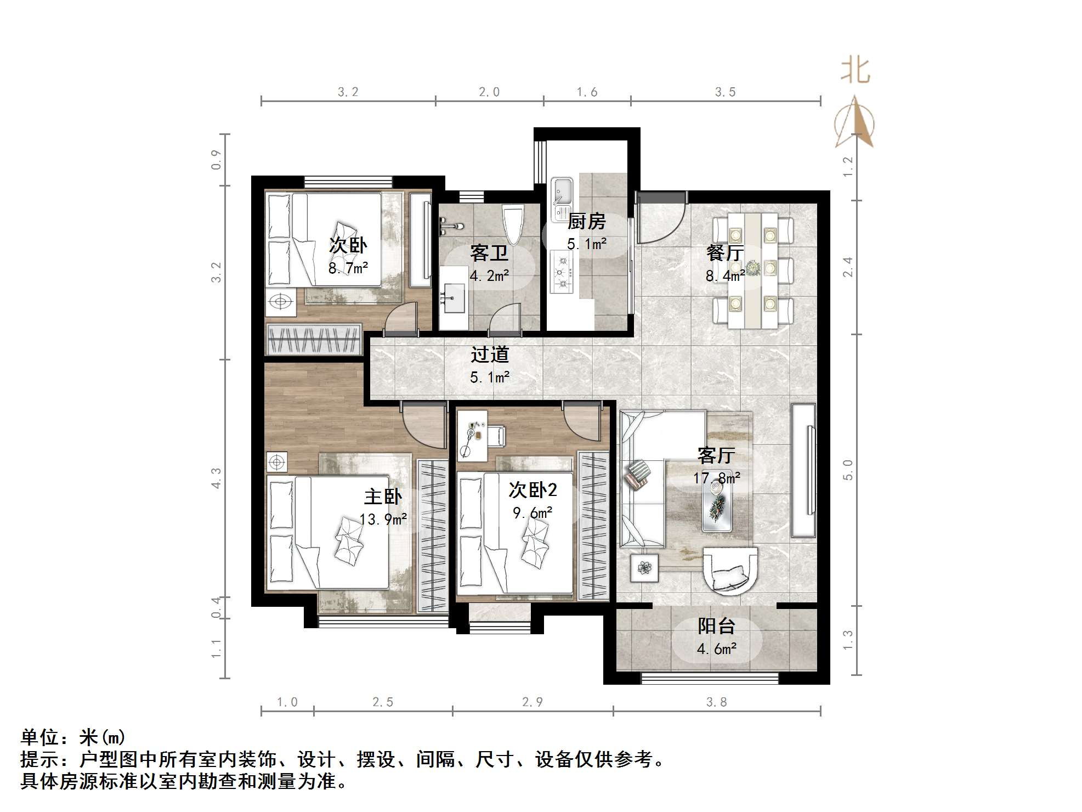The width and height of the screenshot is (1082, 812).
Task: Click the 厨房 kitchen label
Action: pyautogui.click(x=586, y=221)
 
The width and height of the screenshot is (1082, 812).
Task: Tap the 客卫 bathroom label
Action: pyautogui.click(x=489, y=253)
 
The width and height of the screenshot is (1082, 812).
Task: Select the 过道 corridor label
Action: pyautogui.click(x=489, y=354)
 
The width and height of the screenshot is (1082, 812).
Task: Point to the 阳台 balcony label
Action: pyautogui.click(x=716, y=626)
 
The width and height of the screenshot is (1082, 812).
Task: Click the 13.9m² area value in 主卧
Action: pyautogui.click(x=383, y=519)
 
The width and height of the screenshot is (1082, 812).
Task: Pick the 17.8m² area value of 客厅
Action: pyautogui.click(x=716, y=478)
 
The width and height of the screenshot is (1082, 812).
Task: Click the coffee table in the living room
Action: pyautogui.click(x=717, y=508)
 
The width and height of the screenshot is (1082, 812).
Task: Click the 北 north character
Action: pyautogui.click(x=856, y=71)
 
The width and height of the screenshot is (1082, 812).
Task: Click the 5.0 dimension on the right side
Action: pyautogui.click(x=848, y=470)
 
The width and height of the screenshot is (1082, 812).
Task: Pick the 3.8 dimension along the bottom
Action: pyautogui.click(x=716, y=702)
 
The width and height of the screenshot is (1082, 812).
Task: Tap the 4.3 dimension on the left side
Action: pyautogui.click(x=217, y=478)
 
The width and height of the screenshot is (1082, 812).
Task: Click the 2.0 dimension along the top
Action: pyautogui.click(x=489, y=92)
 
